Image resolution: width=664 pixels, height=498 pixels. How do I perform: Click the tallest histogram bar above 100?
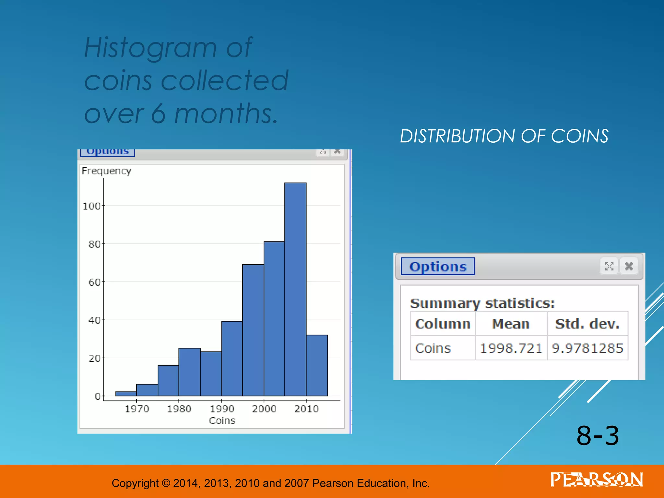295,289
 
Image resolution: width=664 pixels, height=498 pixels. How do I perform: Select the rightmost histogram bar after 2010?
317,365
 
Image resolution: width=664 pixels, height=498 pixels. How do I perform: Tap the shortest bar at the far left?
126,394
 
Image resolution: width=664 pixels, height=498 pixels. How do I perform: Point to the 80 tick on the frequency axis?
94,244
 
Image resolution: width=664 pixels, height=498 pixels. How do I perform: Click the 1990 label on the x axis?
222,409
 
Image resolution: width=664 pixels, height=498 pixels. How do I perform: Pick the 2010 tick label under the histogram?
306,409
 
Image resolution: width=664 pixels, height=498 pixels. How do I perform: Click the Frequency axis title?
106,171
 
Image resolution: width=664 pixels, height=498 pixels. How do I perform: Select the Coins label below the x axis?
222,421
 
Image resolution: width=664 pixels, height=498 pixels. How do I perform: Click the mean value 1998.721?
511,348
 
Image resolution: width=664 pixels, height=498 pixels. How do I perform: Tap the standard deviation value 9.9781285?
587,348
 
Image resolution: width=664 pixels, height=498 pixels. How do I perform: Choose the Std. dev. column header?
587,324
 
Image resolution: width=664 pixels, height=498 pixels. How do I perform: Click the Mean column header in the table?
511,324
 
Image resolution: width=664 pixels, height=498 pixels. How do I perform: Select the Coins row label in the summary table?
433,348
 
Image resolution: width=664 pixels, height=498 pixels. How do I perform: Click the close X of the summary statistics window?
629,266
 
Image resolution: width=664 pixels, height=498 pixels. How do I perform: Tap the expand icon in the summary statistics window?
609,266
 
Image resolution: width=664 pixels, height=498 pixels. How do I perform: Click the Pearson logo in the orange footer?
597,480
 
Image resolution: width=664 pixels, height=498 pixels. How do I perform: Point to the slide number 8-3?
598,436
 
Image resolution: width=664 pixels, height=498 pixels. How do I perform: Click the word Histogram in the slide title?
150,48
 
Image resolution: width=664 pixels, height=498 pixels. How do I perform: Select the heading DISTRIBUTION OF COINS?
504,136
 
